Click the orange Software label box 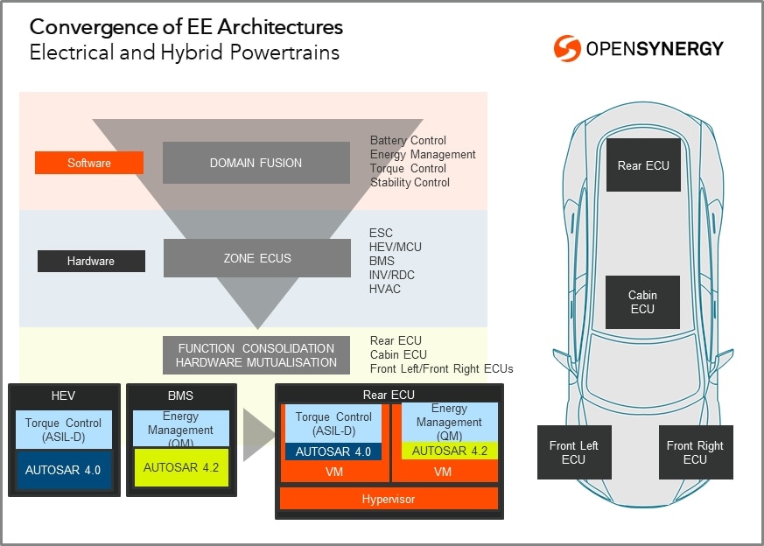click(x=89, y=163)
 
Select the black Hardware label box click(x=91, y=261)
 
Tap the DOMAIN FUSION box click(x=256, y=163)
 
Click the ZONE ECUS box click(x=256, y=258)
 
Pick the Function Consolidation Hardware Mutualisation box click(x=256, y=355)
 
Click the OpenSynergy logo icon click(x=567, y=48)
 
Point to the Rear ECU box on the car click(x=643, y=165)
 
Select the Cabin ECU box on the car click(x=642, y=302)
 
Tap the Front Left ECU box click(x=573, y=452)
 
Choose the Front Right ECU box click(x=695, y=452)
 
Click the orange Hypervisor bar click(x=389, y=499)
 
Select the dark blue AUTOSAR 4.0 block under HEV click(x=63, y=470)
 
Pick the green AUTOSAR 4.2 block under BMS click(x=181, y=467)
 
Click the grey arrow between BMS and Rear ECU click(x=256, y=435)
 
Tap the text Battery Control click(x=408, y=140)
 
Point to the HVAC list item click(x=385, y=289)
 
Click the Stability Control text click(x=410, y=182)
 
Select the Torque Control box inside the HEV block click(x=63, y=430)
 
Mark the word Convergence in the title click(x=94, y=27)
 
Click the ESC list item click(x=381, y=233)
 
